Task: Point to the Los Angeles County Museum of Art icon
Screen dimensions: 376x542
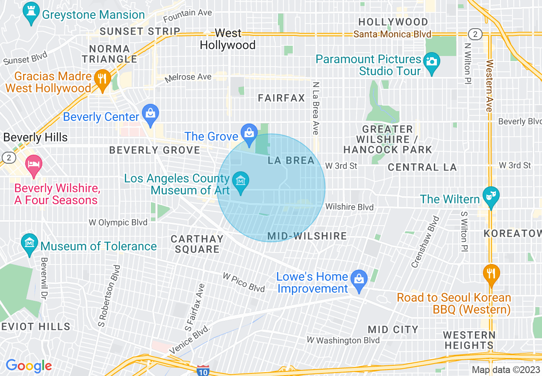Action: tap(241, 182)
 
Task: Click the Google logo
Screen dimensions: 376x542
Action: tap(29, 366)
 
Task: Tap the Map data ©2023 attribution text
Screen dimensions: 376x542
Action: tap(506, 370)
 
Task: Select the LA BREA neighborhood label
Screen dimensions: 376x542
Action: tap(291, 161)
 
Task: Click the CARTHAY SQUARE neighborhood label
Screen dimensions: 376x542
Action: tap(197, 244)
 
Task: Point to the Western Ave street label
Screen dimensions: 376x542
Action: tap(489, 85)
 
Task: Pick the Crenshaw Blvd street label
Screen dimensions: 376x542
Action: tap(425, 242)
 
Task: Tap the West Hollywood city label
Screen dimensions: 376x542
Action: tap(228, 39)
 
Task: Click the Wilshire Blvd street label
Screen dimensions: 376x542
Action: tap(349, 207)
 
